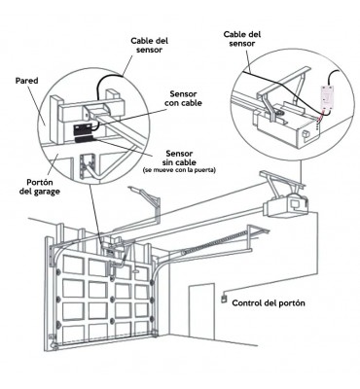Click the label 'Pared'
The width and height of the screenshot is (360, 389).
27,81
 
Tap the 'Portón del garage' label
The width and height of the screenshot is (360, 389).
39,187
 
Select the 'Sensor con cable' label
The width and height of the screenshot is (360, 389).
183,98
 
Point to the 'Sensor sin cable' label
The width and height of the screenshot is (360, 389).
179,158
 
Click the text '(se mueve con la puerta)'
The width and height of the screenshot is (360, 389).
179,170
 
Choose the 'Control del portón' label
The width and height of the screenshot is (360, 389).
269,303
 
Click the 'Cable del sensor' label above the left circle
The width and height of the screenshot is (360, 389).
150,45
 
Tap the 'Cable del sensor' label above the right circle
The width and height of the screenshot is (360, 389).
242,39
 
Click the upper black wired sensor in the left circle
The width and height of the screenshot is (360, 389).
83,130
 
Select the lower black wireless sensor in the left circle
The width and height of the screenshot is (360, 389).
84,141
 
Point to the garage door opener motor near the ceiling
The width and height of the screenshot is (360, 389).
285,207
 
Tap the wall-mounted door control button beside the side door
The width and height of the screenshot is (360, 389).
224,299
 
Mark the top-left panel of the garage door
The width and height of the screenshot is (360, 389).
73,265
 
